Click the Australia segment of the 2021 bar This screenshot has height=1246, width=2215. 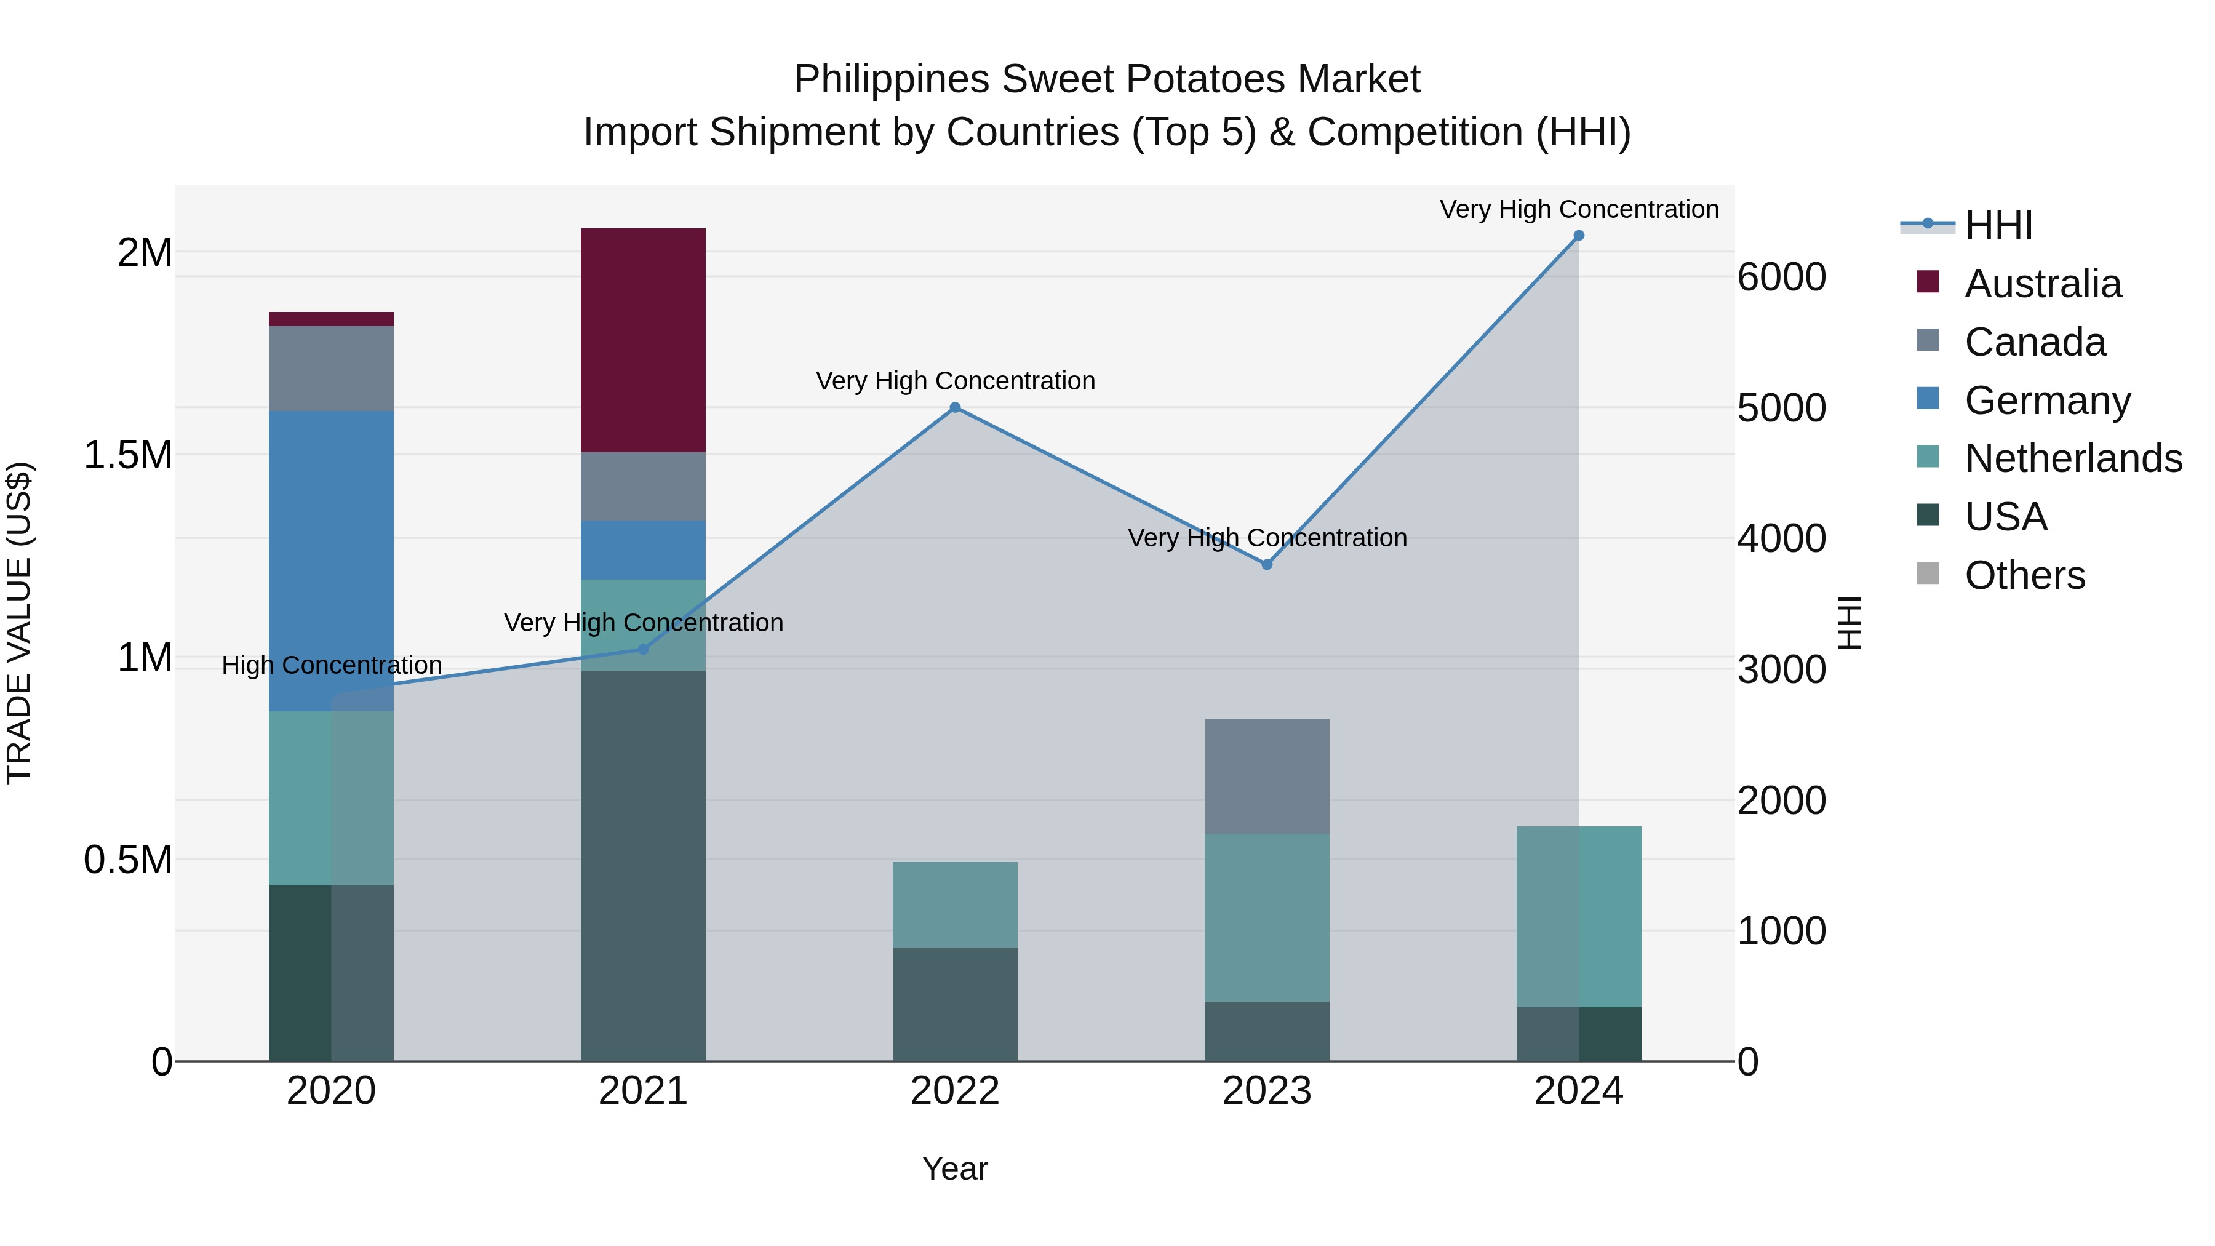tap(643, 340)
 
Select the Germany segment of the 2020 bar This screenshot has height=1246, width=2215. tap(331, 561)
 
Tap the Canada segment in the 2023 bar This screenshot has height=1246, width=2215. tap(1267, 776)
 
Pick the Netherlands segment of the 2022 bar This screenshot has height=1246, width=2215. tap(954, 905)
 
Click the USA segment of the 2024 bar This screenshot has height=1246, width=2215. tap(1579, 1034)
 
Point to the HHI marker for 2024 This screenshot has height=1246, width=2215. tap(1579, 236)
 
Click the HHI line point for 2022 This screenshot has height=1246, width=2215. tap(954, 407)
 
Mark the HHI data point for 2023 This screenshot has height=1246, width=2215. tap(1267, 564)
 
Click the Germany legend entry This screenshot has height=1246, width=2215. tap(2046, 401)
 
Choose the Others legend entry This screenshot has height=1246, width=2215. tap(2024, 575)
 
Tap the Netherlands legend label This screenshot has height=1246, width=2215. tap(2072, 458)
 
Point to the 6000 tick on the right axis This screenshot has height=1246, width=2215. tap(1781, 277)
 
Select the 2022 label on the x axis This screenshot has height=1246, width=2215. tap(954, 1091)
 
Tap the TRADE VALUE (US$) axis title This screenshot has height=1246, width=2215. tap(19, 623)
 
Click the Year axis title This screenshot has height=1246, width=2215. tap(954, 1168)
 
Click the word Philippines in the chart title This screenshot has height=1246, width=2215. tap(891, 79)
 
